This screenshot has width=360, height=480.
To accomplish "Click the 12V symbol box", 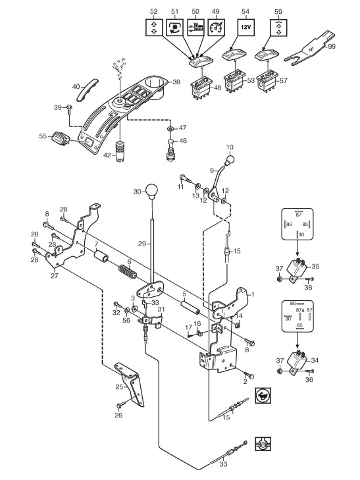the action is coord(246,27).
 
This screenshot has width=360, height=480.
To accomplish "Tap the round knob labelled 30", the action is coord(151,191).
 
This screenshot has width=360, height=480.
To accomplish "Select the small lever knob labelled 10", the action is coord(230,159).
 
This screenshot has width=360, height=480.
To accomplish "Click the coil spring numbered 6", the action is coord(127,271).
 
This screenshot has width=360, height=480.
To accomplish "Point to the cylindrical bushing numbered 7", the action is coord(101,256).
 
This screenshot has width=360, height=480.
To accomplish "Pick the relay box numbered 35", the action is coord(297,267).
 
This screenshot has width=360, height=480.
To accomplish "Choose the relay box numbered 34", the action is coord(297,361).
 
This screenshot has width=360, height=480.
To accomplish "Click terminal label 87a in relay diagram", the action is coord(300,310).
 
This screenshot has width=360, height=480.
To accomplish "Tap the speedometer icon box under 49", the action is coord(216,27).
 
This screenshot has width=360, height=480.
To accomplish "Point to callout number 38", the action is coord(176,82).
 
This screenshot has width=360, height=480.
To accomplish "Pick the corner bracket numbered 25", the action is coord(130,383).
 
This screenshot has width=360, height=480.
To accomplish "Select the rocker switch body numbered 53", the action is coord(235,81).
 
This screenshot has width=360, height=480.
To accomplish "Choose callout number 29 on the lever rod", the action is coord(142,244).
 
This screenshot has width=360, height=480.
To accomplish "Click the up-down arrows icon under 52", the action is coord(154,27).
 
